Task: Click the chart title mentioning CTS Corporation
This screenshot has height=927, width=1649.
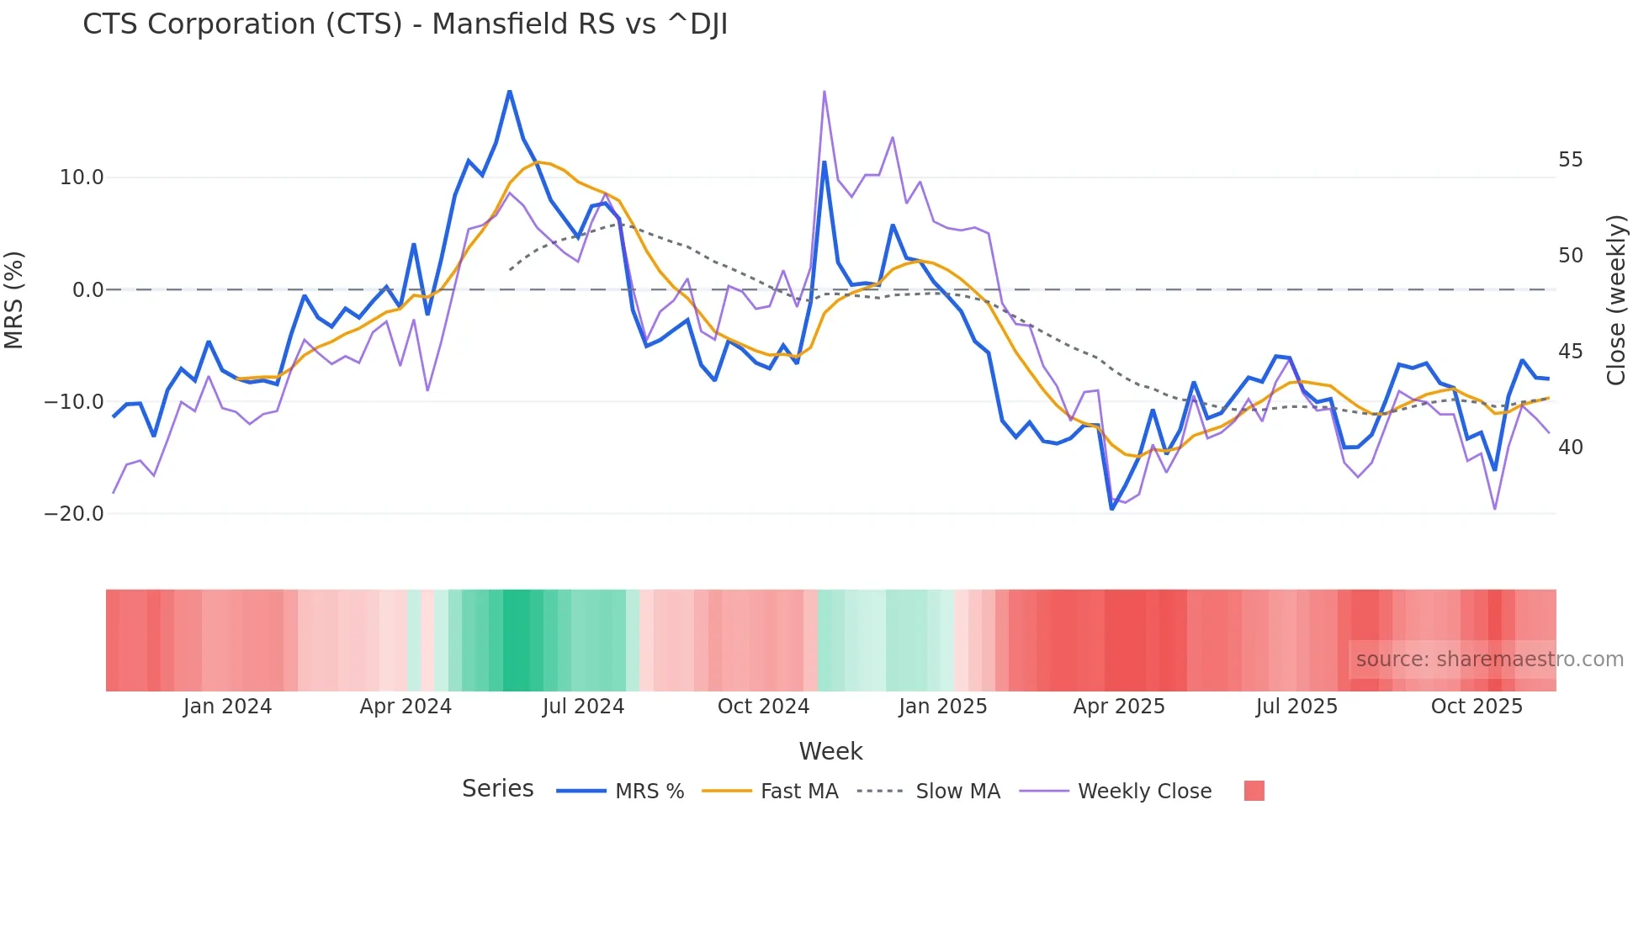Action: coord(405,24)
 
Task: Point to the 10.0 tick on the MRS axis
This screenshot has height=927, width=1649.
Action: coord(82,177)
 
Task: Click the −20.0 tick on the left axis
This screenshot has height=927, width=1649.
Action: coord(74,514)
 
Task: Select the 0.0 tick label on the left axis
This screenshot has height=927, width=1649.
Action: coord(87,290)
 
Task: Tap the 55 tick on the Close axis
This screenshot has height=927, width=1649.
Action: coord(1570,160)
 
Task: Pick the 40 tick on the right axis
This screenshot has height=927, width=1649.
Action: coord(1570,448)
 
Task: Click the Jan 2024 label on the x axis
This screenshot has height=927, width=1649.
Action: coord(227,707)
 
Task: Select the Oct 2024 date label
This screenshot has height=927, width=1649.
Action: coord(763,707)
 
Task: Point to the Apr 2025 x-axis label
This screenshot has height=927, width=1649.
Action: coord(1119,707)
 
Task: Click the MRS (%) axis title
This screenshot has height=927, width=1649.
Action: coord(14,299)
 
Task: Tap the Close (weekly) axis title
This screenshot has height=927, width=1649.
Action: coord(1616,300)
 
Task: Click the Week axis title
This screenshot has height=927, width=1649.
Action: coord(830,751)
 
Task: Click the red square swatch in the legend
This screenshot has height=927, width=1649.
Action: coord(1254,791)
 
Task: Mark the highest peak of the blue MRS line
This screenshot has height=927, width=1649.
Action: coord(509,91)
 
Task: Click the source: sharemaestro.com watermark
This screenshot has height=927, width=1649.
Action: coord(1489,659)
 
